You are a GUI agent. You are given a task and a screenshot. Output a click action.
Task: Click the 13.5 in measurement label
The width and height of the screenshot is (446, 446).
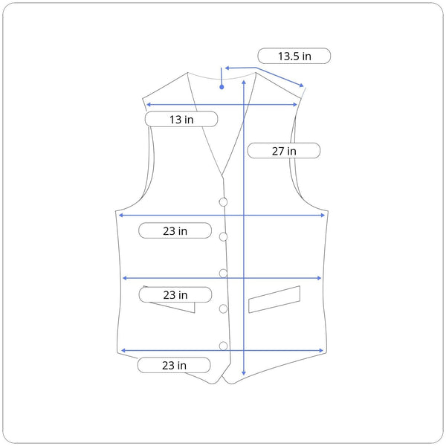click(294, 56)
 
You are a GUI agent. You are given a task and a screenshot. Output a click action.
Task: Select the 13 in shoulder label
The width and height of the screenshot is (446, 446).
click(181, 119)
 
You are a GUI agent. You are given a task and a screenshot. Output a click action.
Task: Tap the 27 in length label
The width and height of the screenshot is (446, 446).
click(284, 151)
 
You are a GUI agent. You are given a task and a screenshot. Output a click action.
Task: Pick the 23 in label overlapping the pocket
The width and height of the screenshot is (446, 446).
click(175, 294)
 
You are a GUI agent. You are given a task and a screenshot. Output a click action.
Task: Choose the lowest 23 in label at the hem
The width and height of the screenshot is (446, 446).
click(174, 365)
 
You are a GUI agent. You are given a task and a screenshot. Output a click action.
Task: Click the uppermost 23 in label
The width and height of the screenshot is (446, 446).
click(175, 230)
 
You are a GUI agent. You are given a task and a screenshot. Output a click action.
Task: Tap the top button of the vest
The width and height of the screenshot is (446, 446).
click(223, 202)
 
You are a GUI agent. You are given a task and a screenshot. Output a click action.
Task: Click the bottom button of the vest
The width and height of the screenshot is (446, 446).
click(223, 346)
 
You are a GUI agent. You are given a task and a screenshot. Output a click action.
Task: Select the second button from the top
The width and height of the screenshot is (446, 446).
click(223, 236)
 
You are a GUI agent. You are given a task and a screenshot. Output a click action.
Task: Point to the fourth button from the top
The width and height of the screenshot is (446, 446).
click(223, 308)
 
